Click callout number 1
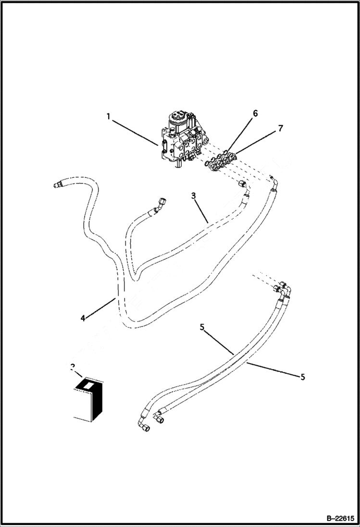click(109, 116)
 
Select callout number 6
click(255, 113)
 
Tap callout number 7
click(280, 128)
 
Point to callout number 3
click(193, 196)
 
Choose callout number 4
click(83, 319)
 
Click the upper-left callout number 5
click(202, 327)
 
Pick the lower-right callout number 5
click(303, 377)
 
